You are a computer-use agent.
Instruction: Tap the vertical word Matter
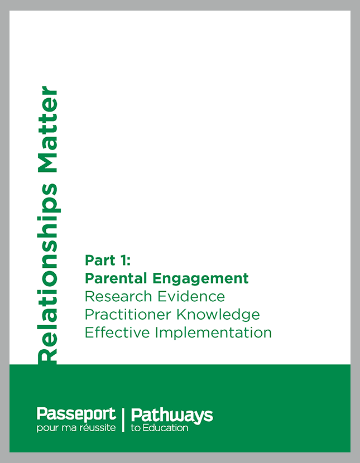tap(47, 129)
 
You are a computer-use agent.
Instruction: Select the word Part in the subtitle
tap(100, 260)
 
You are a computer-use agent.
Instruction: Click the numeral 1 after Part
tap(123, 260)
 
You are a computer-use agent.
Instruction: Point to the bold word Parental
tap(116, 278)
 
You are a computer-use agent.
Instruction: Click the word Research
tap(118, 296)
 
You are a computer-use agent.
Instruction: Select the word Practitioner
tap(128, 315)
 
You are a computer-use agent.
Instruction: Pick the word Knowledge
tap(218, 315)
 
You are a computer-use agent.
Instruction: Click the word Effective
tap(117, 332)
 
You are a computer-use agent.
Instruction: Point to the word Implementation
tap(213, 333)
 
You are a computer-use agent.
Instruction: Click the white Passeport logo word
tap(76, 415)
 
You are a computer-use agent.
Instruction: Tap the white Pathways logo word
tap(172, 416)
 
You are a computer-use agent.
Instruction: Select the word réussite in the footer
tap(98, 427)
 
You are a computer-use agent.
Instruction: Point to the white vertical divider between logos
tap(123, 420)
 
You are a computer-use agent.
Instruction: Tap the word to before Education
tap(136, 428)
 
